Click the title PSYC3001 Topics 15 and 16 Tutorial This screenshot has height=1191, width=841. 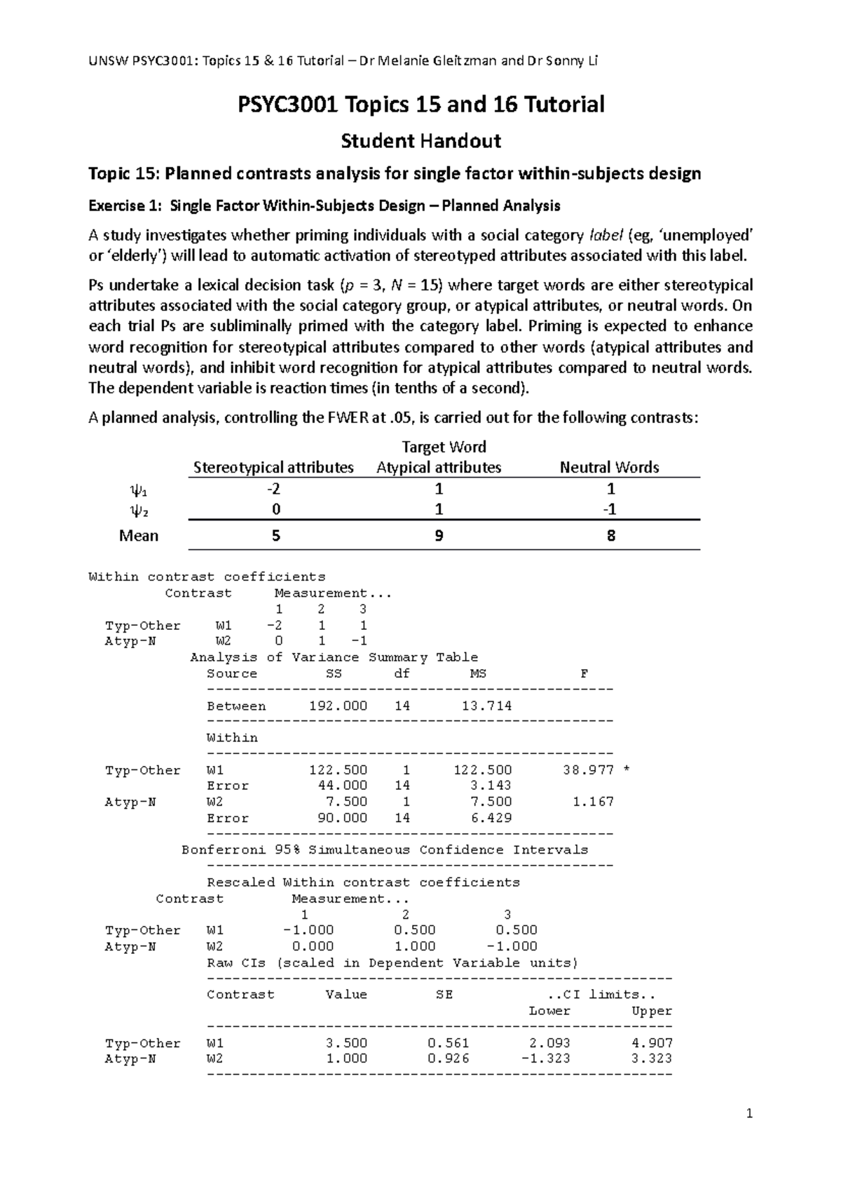pyautogui.click(x=420, y=105)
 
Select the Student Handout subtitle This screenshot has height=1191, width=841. pyautogui.click(x=420, y=141)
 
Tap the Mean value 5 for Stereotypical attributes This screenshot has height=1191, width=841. pyautogui.click(x=275, y=536)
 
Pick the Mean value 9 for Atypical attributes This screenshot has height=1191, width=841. pyautogui.click(x=439, y=536)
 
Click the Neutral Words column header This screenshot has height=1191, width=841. pyautogui.click(x=609, y=468)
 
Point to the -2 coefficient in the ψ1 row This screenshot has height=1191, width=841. pyautogui.click(x=275, y=489)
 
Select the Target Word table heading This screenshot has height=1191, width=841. pyautogui.click(x=444, y=447)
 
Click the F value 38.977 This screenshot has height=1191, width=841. pyautogui.click(x=588, y=770)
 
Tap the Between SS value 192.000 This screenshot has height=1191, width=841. pyautogui.click(x=338, y=706)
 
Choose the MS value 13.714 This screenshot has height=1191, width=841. pyautogui.click(x=486, y=706)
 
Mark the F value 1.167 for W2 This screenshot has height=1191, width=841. pyautogui.click(x=593, y=802)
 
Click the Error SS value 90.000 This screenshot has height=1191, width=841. pyautogui.click(x=343, y=818)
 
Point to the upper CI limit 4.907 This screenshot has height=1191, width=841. pyautogui.click(x=652, y=1043)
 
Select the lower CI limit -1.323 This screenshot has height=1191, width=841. pyautogui.click(x=546, y=1059)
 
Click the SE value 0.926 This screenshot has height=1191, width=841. pyautogui.click(x=449, y=1059)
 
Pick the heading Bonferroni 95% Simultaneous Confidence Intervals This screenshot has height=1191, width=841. pyautogui.click(x=385, y=850)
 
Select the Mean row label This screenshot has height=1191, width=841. pyautogui.click(x=139, y=536)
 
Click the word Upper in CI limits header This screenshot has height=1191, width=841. pyautogui.click(x=652, y=1011)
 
